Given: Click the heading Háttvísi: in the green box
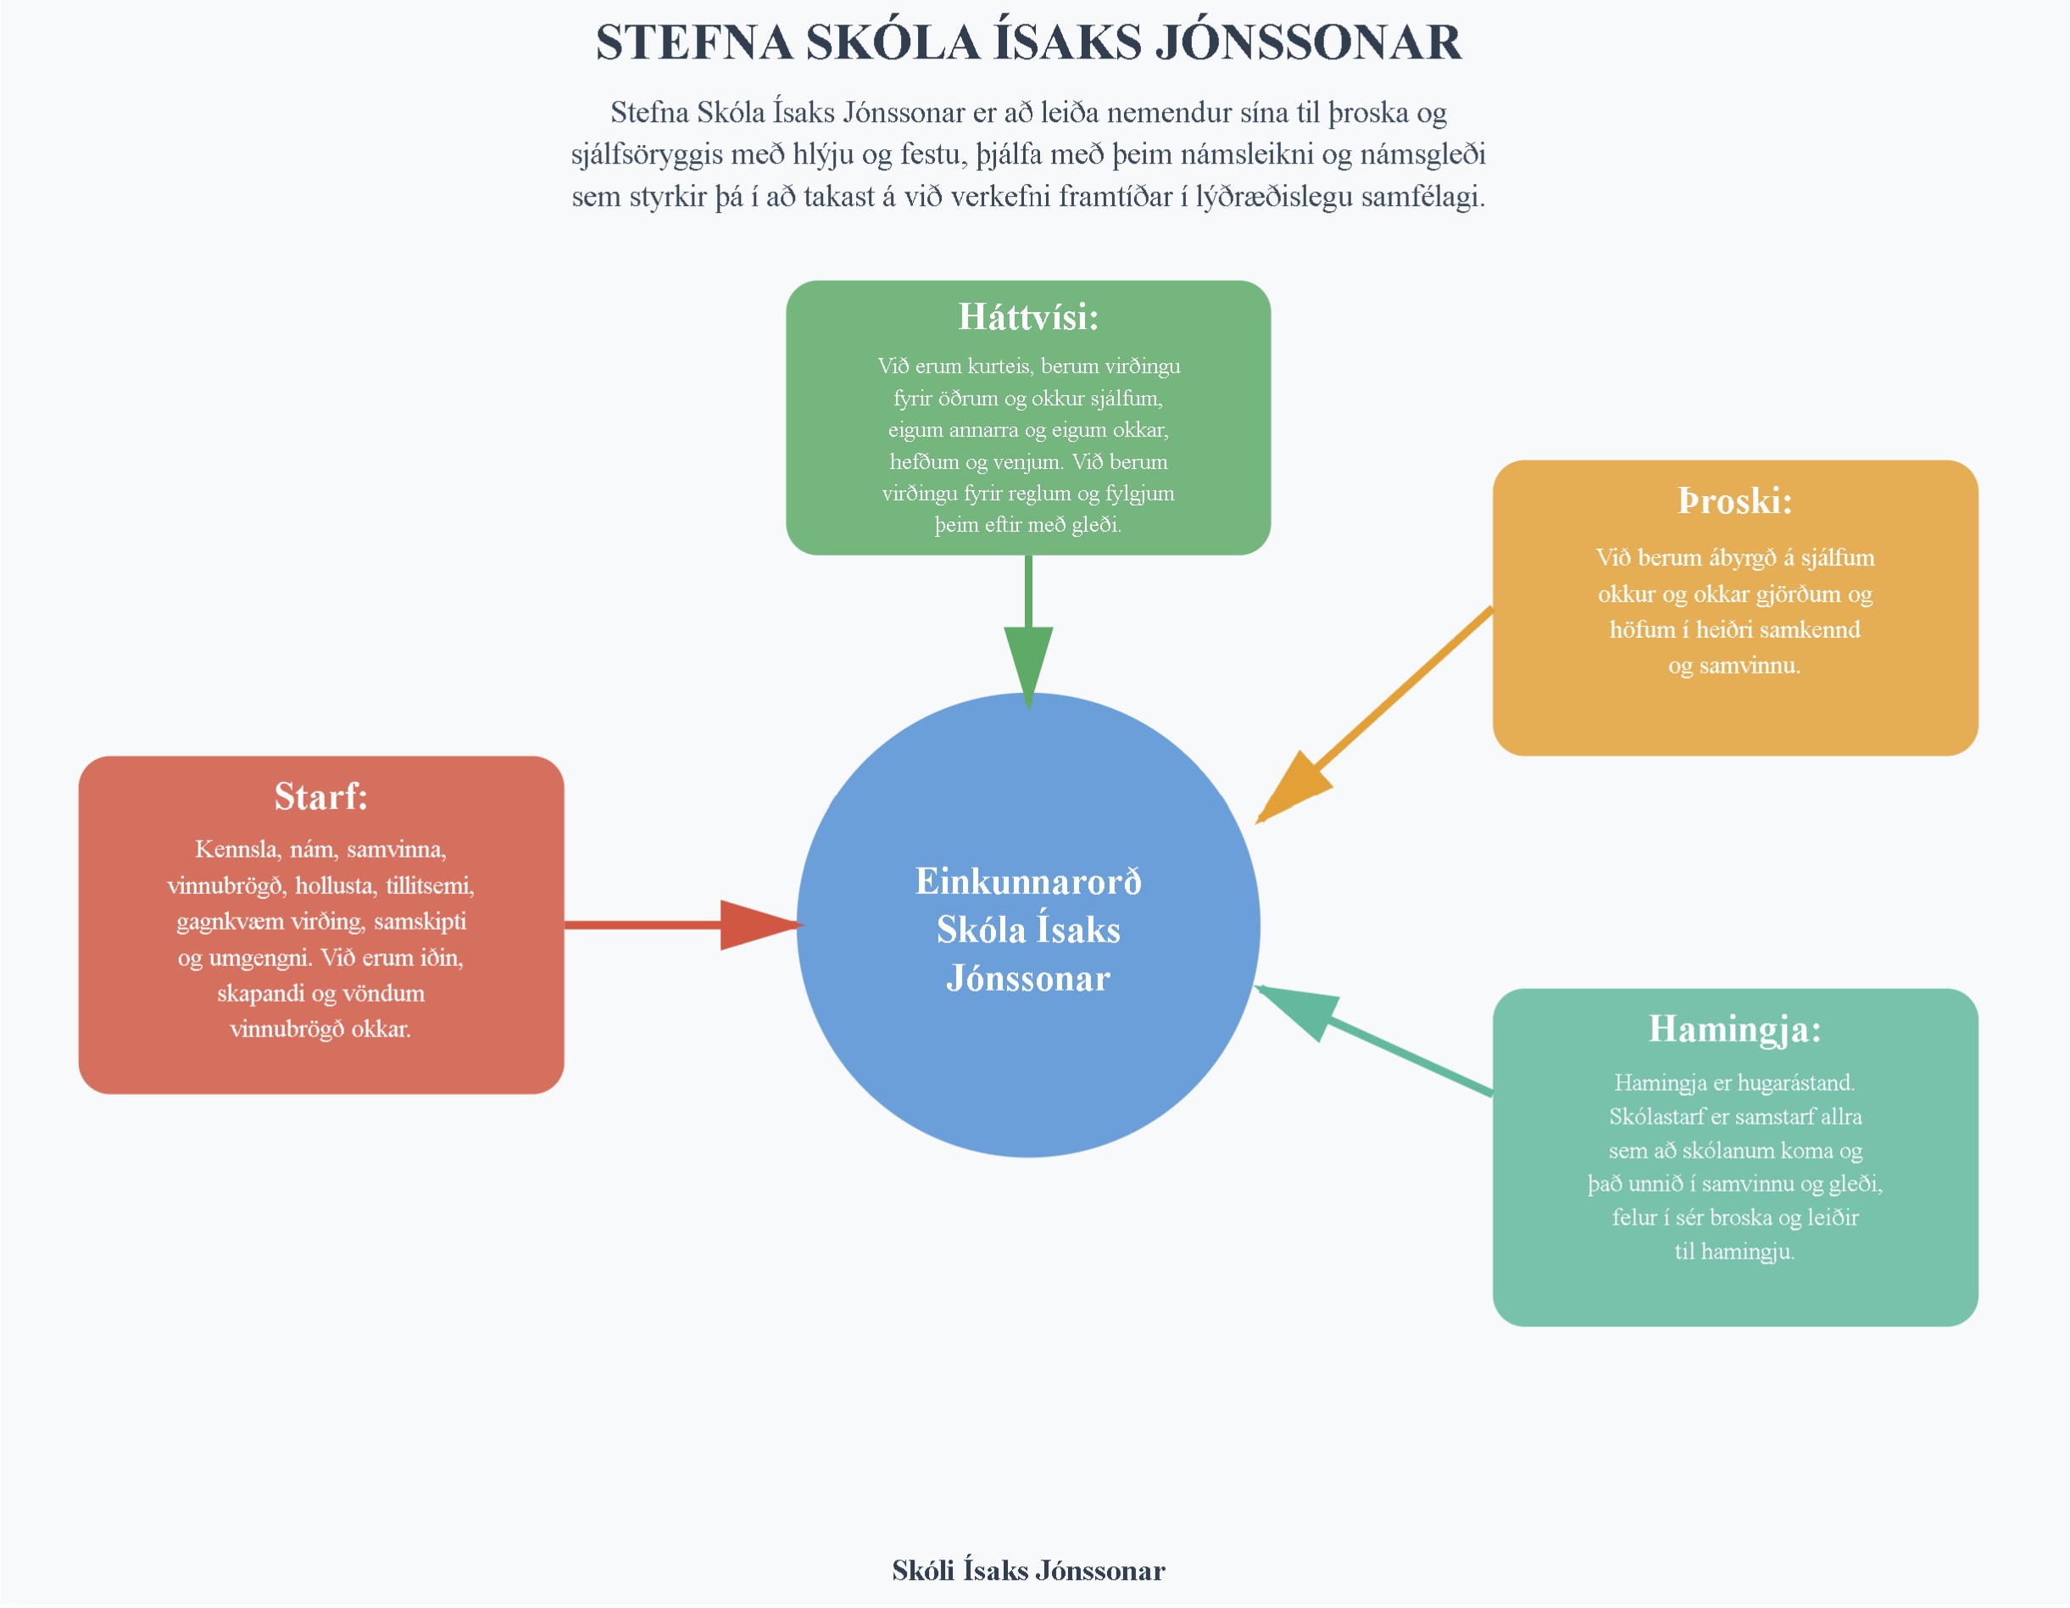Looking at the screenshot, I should [1027, 316].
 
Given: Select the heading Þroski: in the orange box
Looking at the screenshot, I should [1734, 500].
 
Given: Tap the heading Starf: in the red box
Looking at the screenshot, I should [320, 796].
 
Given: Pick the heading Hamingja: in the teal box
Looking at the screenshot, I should [1734, 1029].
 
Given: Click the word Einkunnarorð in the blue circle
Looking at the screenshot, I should [1027, 882].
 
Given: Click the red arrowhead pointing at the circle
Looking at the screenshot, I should [756, 924].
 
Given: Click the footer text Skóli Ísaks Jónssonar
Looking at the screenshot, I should [1027, 1571].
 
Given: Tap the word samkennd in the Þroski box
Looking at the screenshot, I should [1810, 629].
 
